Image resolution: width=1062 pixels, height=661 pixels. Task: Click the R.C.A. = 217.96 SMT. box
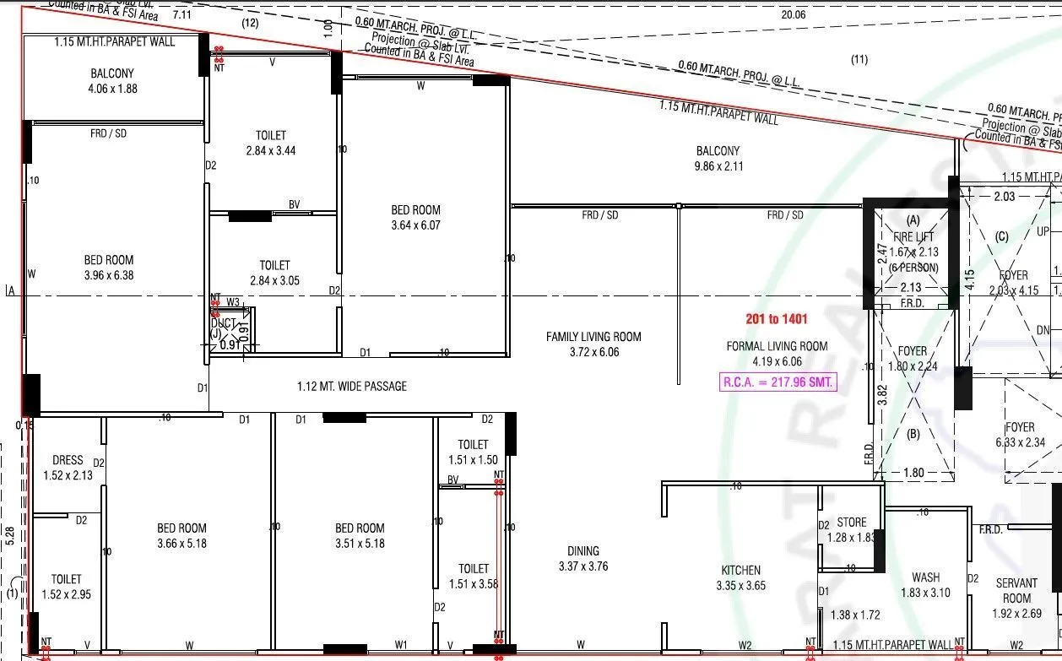tap(778, 382)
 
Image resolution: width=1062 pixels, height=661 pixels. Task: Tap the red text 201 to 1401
tap(776, 319)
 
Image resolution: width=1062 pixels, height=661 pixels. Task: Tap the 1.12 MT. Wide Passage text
tap(351, 387)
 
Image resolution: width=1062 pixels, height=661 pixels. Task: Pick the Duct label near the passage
tap(224, 323)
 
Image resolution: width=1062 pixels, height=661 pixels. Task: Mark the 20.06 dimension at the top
tap(794, 14)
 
